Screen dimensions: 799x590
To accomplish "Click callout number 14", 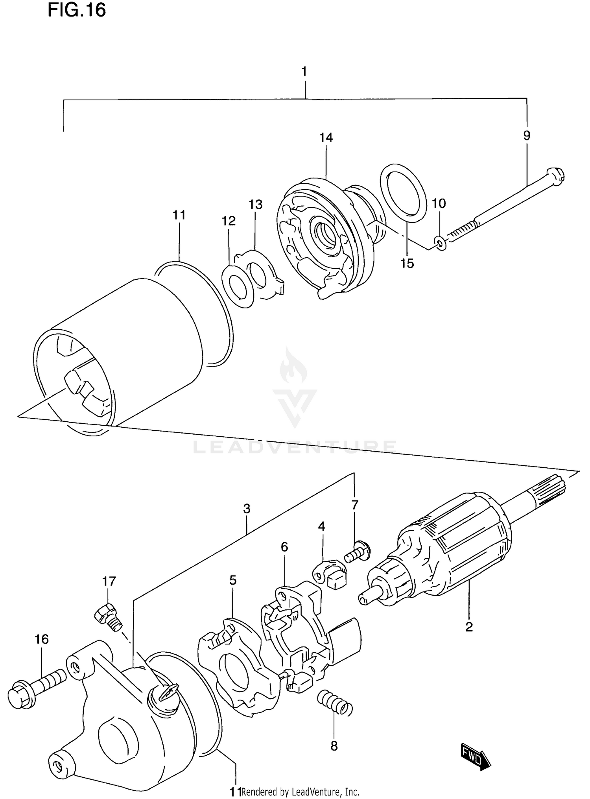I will tap(326, 138).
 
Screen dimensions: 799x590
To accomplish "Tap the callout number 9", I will tap(527, 136).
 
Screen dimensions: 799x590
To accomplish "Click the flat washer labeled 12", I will tap(237, 286).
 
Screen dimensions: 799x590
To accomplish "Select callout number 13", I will tap(255, 205).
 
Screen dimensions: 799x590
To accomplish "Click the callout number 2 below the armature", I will tap(469, 627).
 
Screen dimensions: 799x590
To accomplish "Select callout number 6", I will tap(284, 547).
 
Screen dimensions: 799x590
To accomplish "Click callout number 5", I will tap(233, 580).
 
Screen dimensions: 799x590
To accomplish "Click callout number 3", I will tap(247, 509).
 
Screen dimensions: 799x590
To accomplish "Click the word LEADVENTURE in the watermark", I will tap(295, 447).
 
